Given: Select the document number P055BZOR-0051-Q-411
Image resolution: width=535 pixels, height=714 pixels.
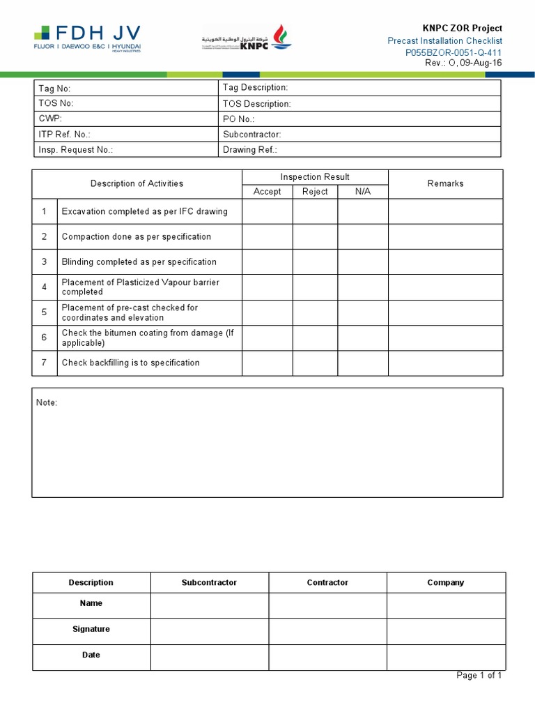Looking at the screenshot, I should [x=453, y=52].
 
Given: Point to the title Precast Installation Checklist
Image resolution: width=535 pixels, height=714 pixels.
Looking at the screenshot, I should [x=444, y=40].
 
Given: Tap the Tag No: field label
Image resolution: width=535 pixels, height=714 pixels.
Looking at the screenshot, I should [x=54, y=89].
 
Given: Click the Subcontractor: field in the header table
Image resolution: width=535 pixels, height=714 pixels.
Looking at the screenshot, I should [x=251, y=135].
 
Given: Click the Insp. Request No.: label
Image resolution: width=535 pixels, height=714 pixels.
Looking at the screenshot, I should [x=75, y=150].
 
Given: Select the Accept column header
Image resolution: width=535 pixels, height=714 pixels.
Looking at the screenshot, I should [x=267, y=192].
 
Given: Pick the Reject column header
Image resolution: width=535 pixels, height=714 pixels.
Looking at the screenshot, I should [x=315, y=192].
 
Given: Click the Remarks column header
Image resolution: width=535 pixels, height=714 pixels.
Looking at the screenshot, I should [x=445, y=183].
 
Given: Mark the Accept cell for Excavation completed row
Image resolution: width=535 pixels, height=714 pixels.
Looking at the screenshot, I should [x=267, y=211].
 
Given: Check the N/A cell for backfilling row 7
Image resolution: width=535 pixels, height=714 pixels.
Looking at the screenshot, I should [x=363, y=363].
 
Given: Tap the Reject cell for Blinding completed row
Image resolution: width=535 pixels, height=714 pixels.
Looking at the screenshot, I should [x=315, y=262].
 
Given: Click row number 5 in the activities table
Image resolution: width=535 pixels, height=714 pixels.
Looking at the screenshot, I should [x=44, y=312].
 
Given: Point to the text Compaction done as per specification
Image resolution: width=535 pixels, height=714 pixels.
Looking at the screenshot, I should [x=136, y=237].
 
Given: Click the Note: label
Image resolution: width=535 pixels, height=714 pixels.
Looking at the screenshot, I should [x=47, y=403].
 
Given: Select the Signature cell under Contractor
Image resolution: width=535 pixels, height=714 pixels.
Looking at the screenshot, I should [x=327, y=630].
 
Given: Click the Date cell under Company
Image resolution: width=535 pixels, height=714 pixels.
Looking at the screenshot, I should [x=446, y=655].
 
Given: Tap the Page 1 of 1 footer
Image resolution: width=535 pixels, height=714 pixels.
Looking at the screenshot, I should [x=479, y=676].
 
